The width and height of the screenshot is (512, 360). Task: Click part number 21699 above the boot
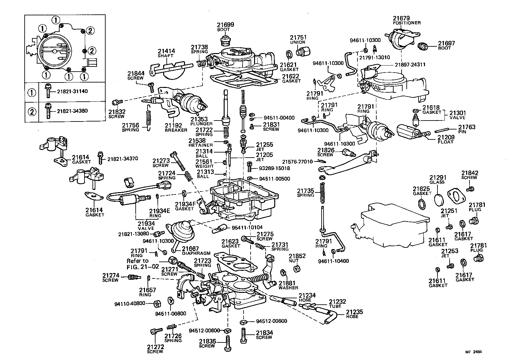tap(225, 24)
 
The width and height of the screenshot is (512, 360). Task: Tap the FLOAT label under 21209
tap(445, 142)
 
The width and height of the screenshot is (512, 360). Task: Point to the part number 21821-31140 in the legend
tap(72, 91)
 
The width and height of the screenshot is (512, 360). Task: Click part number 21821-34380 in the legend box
tap(72, 111)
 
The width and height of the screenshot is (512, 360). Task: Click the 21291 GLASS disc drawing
tap(439, 199)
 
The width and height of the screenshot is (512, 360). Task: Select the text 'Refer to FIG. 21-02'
tap(142, 263)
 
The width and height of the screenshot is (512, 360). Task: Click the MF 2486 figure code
tap(473, 352)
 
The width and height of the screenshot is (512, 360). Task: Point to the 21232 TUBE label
tap(338, 303)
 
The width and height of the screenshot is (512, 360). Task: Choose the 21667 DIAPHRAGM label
tap(195, 251)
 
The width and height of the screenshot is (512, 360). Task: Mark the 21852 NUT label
tap(297, 258)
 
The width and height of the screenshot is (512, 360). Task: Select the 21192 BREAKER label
tap(176, 128)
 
